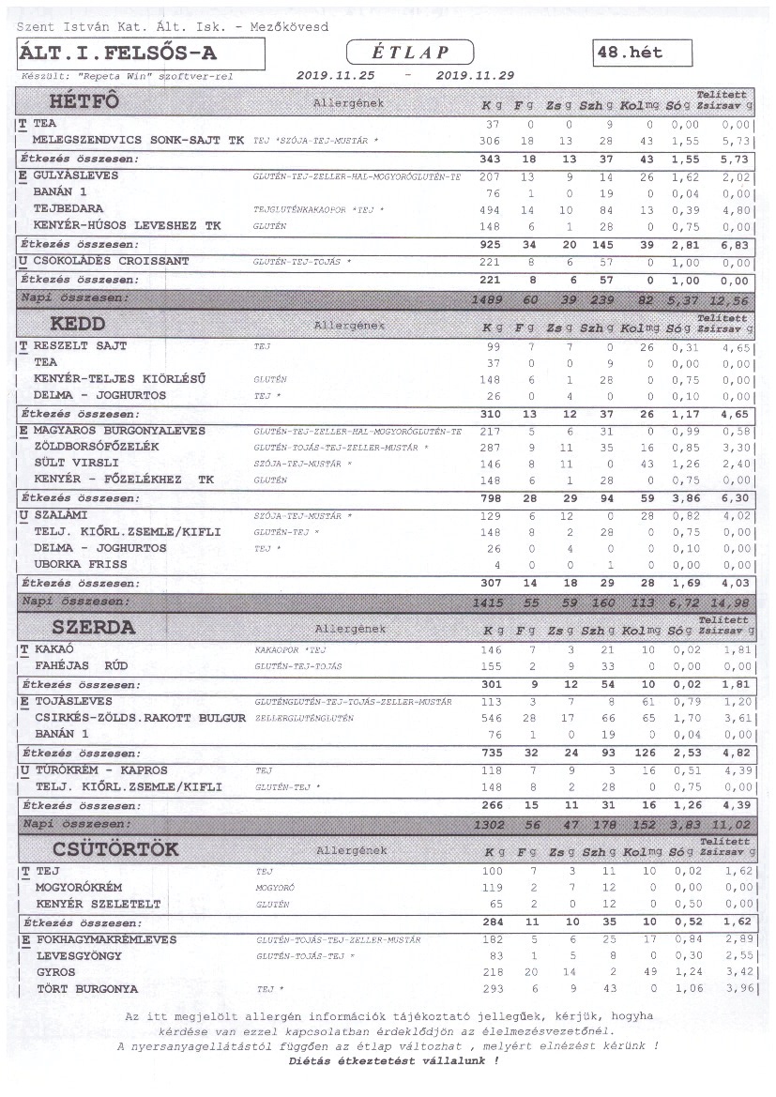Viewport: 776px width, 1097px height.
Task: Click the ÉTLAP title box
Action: (x=410, y=53)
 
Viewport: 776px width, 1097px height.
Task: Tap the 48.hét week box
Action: (x=643, y=53)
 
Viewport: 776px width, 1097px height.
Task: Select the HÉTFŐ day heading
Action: (x=84, y=101)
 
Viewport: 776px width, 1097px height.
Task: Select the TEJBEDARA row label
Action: (x=68, y=209)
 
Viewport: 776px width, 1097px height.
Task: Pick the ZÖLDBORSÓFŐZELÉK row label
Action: (x=97, y=447)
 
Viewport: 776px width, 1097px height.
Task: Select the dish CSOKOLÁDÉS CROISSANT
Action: (x=111, y=260)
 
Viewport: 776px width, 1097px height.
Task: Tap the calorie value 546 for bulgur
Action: (x=491, y=718)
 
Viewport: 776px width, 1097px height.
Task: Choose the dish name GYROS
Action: (x=55, y=972)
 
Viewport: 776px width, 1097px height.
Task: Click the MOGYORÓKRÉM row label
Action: (x=84, y=887)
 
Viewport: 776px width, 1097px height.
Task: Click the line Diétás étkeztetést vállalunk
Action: (x=394, y=1060)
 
